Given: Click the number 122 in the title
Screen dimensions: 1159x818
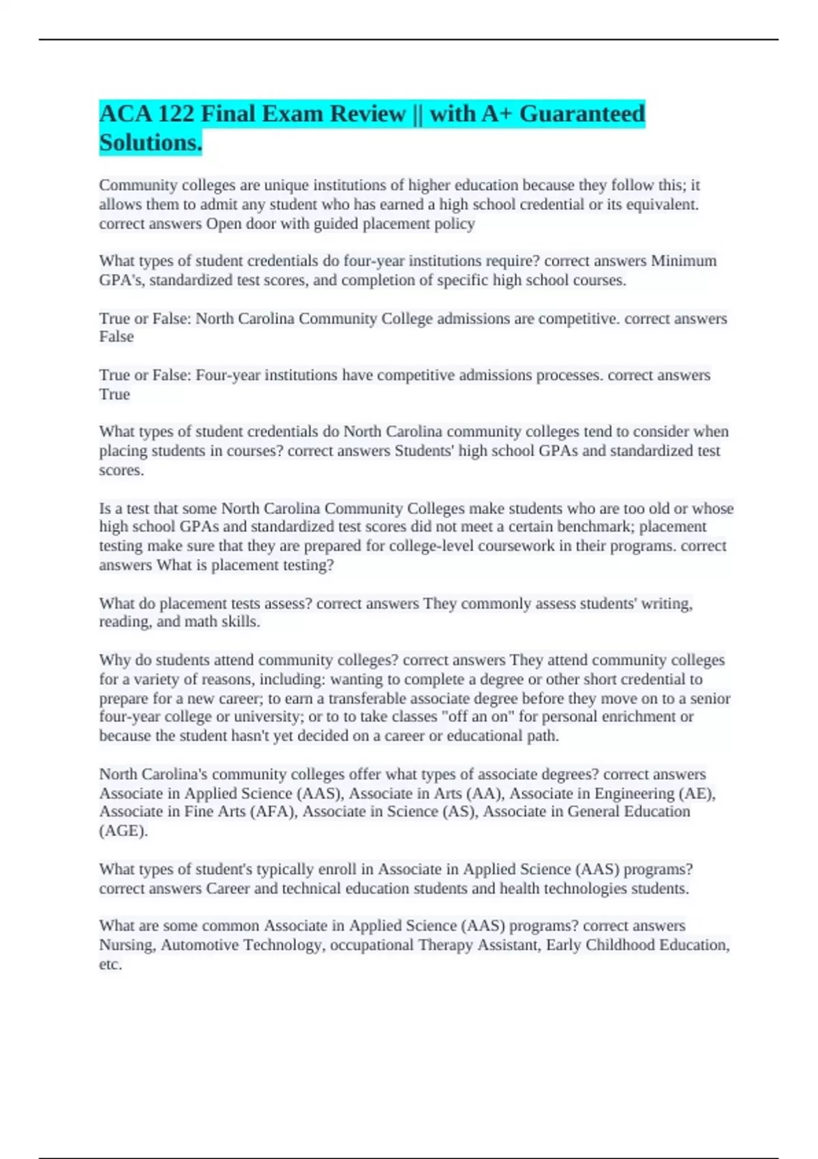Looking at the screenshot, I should click(x=175, y=113).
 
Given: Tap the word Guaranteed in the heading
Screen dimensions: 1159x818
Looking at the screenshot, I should click(x=581, y=113).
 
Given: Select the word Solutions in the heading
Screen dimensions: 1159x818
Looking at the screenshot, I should click(x=149, y=142).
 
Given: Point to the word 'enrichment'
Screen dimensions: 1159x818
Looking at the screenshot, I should click(x=654, y=717).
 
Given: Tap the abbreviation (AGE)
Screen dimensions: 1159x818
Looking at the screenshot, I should click(x=123, y=831).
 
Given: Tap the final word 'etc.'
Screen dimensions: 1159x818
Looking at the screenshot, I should click(x=110, y=964).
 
